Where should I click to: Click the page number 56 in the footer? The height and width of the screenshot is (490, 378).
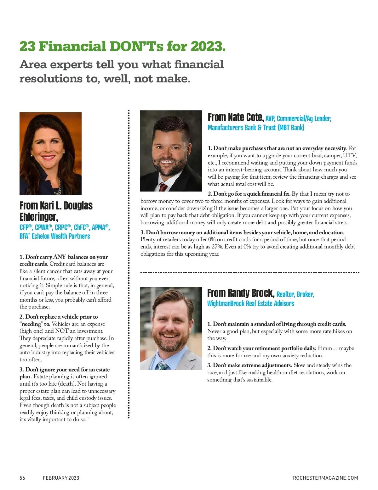22,478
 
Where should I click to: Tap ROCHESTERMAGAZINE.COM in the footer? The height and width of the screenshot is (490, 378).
325,478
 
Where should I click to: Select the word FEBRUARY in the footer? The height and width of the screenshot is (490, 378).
55,478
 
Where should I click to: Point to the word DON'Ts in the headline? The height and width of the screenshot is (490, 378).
136,46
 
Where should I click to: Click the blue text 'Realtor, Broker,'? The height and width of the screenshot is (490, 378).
295,294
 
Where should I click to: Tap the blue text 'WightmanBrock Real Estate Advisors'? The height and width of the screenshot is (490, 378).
250,303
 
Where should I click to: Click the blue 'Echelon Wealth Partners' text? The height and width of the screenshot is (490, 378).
61,236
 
